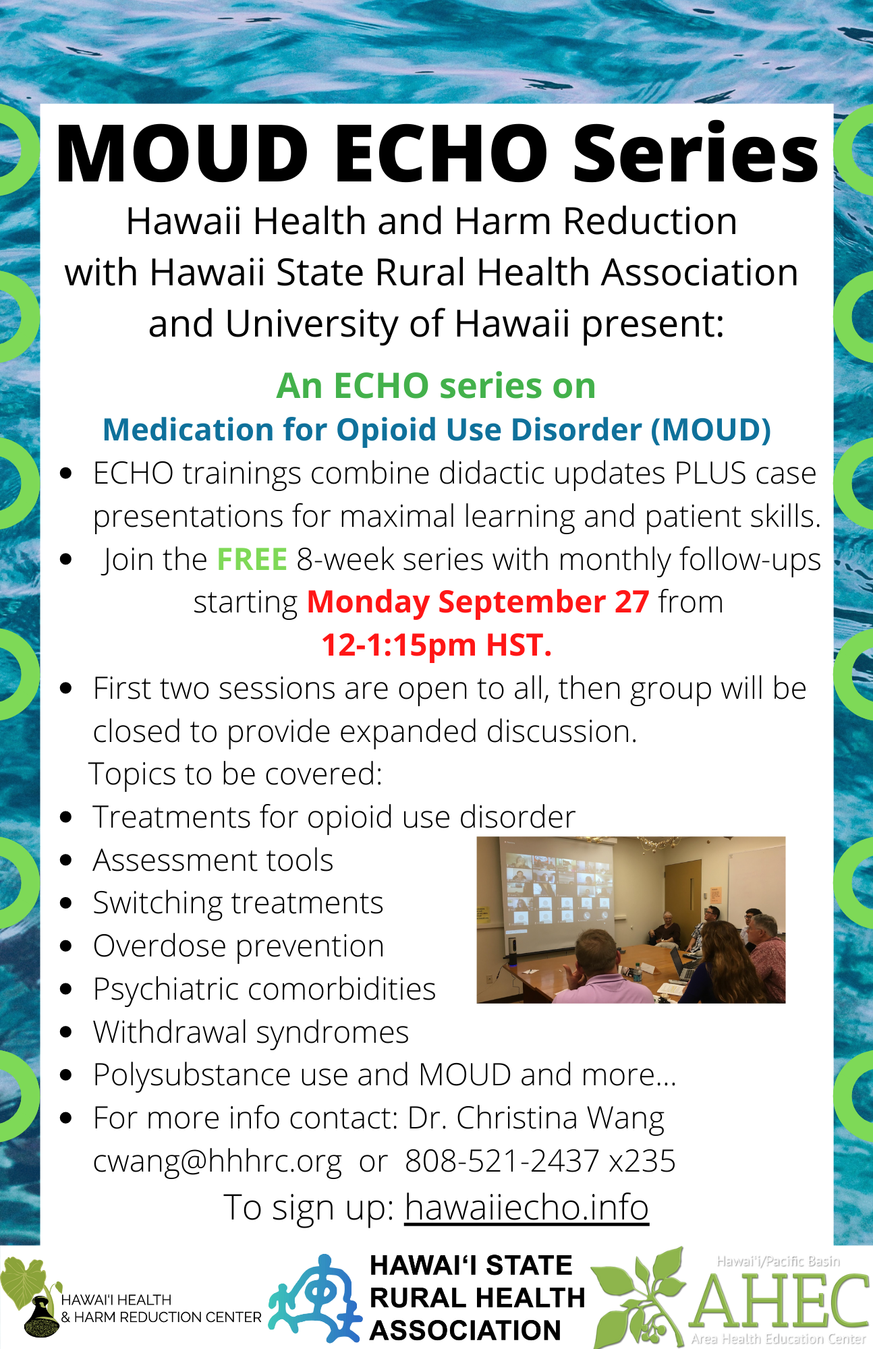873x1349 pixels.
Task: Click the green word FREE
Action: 252,560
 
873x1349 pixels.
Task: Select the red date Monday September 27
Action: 478,602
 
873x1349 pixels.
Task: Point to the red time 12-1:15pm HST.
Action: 436,645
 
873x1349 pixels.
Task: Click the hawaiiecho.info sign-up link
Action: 527,1207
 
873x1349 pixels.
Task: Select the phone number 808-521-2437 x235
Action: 540,1161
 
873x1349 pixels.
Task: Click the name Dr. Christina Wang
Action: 536,1118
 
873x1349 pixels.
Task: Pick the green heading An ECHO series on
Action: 436,386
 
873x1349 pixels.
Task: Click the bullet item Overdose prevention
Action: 239,946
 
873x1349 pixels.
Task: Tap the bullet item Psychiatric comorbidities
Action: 264,989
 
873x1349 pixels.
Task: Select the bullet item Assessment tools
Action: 213,861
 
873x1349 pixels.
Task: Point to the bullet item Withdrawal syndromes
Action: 251,1033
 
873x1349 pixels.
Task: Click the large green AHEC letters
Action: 779,1299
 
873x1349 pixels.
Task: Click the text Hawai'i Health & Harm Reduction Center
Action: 161,1309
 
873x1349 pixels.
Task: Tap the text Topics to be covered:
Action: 235,774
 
